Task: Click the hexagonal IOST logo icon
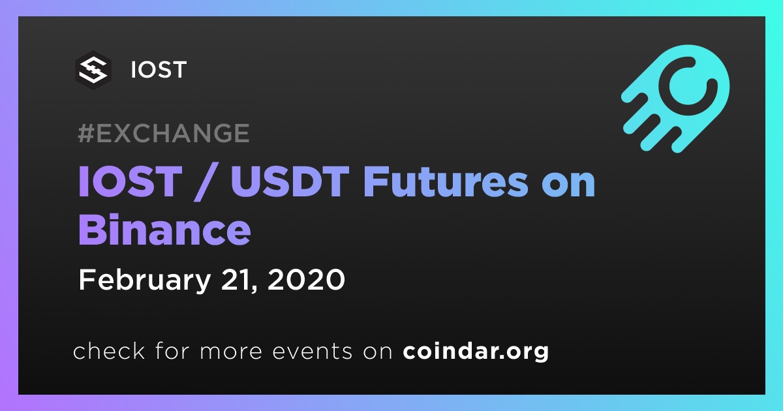pyautogui.click(x=93, y=70)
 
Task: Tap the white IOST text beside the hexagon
pyautogui.click(x=159, y=70)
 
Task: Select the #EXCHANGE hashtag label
pyautogui.click(x=164, y=133)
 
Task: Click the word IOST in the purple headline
pyautogui.click(x=130, y=182)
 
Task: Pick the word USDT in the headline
pyautogui.click(x=290, y=182)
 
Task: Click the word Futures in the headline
pyautogui.click(x=446, y=181)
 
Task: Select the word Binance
pyautogui.click(x=164, y=229)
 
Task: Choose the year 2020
pyautogui.click(x=306, y=280)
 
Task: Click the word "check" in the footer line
pyautogui.click(x=109, y=350)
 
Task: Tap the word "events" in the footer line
pyautogui.click(x=313, y=351)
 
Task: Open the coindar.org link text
pyautogui.click(x=476, y=351)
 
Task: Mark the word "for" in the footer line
pyautogui.click(x=172, y=350)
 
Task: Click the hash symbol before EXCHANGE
pyautogui.click(x=86, y=133)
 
